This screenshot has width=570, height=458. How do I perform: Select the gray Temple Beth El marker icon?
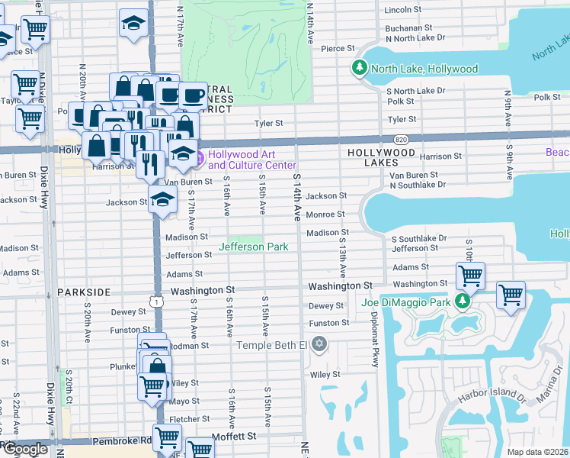click(x=319, y=345)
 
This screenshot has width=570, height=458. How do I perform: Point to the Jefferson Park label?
click(x=254, y=247)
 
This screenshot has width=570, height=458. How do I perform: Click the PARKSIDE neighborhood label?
click(x=84, y=292)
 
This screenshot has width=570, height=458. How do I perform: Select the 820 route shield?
click(x=400, y=140)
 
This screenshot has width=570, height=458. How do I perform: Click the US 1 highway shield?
click(x=156, y=302)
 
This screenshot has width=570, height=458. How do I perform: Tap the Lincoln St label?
click(x=403, y=10)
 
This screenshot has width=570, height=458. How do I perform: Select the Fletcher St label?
click(x=184, y=419)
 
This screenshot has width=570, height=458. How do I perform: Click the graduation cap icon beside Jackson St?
click(x=162, y=200)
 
